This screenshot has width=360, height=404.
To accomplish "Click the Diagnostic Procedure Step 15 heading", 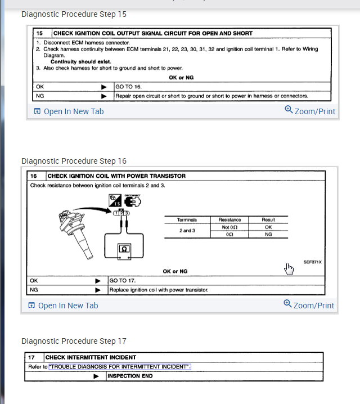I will tap(74, 14).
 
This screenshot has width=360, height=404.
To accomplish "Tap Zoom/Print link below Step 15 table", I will tap(310, 111).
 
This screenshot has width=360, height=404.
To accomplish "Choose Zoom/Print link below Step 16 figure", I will tap(309, 305).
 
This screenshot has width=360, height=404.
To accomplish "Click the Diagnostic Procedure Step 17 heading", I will tap(74, 341).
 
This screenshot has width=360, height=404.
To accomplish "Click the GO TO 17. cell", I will tap(123, 280).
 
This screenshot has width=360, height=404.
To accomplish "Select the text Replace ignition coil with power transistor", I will tap(159, 290).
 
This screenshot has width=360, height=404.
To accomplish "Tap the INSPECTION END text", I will tap(130, 376).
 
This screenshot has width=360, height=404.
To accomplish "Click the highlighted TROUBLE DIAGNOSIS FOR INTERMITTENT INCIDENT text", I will tap(120, 367).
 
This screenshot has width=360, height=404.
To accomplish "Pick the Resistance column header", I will tap(229, 220).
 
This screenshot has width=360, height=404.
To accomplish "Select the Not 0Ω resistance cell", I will tap(229, 227).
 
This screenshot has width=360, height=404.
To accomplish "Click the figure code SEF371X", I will tap(312, 262).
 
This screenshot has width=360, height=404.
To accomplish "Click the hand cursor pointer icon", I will tap(289, 270).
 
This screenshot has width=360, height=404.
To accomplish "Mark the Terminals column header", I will tap(187, 220).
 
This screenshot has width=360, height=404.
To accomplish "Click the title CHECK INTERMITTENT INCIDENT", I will tap(91, 357).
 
